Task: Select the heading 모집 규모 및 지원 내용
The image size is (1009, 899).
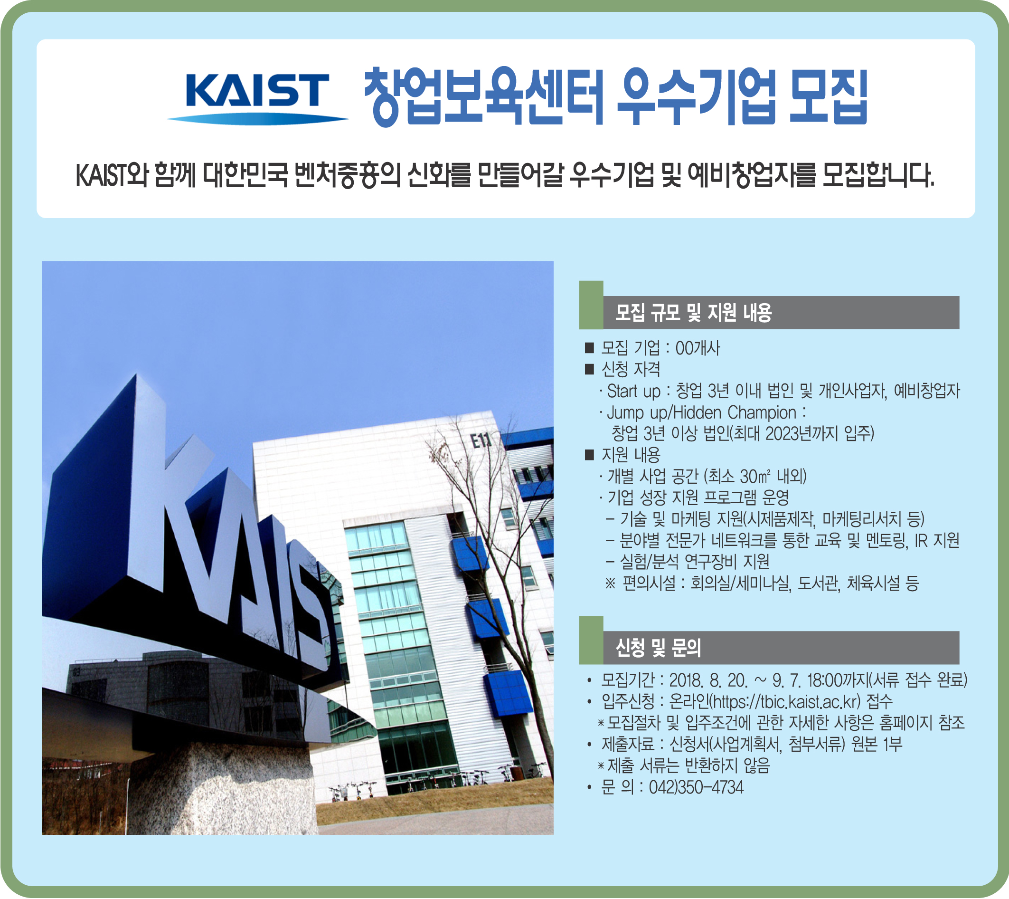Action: click(693, 313)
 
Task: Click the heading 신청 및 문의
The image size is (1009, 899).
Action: click(658, 648)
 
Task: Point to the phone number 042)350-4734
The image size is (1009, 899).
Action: click(696, 787)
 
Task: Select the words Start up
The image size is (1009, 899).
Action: click(633, 391)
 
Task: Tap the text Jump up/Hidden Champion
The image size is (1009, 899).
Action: click(701, 412)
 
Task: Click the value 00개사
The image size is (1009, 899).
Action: click(698, 348)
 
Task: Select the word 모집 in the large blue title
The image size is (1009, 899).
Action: click(829, 96)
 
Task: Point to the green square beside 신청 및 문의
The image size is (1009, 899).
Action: click(591, 640)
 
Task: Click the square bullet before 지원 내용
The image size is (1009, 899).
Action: click(589, 454)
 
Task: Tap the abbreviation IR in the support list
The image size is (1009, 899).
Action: click(921, 541)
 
